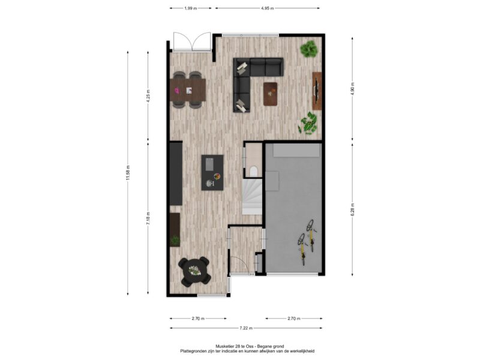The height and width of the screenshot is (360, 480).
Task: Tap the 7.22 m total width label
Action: tap(246, 328)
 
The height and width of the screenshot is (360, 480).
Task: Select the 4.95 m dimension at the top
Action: tap(267, 8)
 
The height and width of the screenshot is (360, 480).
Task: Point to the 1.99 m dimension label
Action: tap(190, 8)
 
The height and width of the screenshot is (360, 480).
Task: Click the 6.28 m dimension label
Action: tap(352, 209)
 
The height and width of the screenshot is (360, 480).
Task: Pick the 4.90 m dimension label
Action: tap(352, 88)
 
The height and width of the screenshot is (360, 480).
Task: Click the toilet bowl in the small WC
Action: tap(253, 172)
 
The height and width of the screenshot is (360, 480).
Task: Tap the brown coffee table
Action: tap(271, 94)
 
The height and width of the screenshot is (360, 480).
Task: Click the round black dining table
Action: tap(194, 271)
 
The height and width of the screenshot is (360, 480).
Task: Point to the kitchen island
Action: tap(212, 173)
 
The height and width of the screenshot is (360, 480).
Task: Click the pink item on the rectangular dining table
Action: tap(176, 91)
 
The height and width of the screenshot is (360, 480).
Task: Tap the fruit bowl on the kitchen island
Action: tap(217, 176)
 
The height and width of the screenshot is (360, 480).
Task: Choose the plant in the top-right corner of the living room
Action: tap(308, 49)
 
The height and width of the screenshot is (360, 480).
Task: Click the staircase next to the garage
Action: tap(253, 197)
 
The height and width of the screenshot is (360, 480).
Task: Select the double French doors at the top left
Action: tap(192, 41)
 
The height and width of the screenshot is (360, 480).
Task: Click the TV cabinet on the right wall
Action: tap(317, 91)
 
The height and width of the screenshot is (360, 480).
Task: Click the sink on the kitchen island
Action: tap(209, 164)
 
